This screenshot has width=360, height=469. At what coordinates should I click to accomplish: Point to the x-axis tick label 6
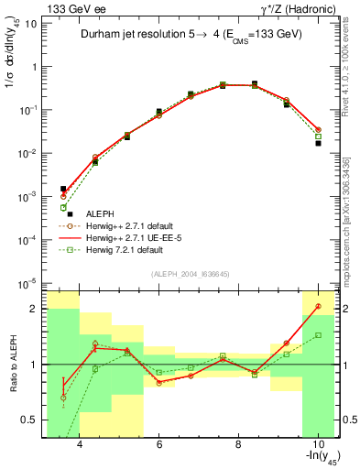click(159, 444)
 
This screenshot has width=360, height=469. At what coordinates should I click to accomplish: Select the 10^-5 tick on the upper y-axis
click(27, 282)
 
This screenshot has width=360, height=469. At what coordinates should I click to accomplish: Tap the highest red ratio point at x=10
click(318, 306)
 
